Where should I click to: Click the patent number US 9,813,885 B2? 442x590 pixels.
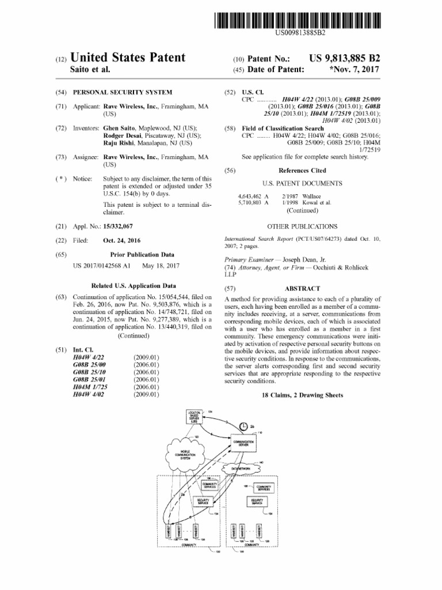(345, 58)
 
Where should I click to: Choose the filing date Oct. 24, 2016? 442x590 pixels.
(121, 240)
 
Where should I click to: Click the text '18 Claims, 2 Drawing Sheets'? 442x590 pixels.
(302, 395)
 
